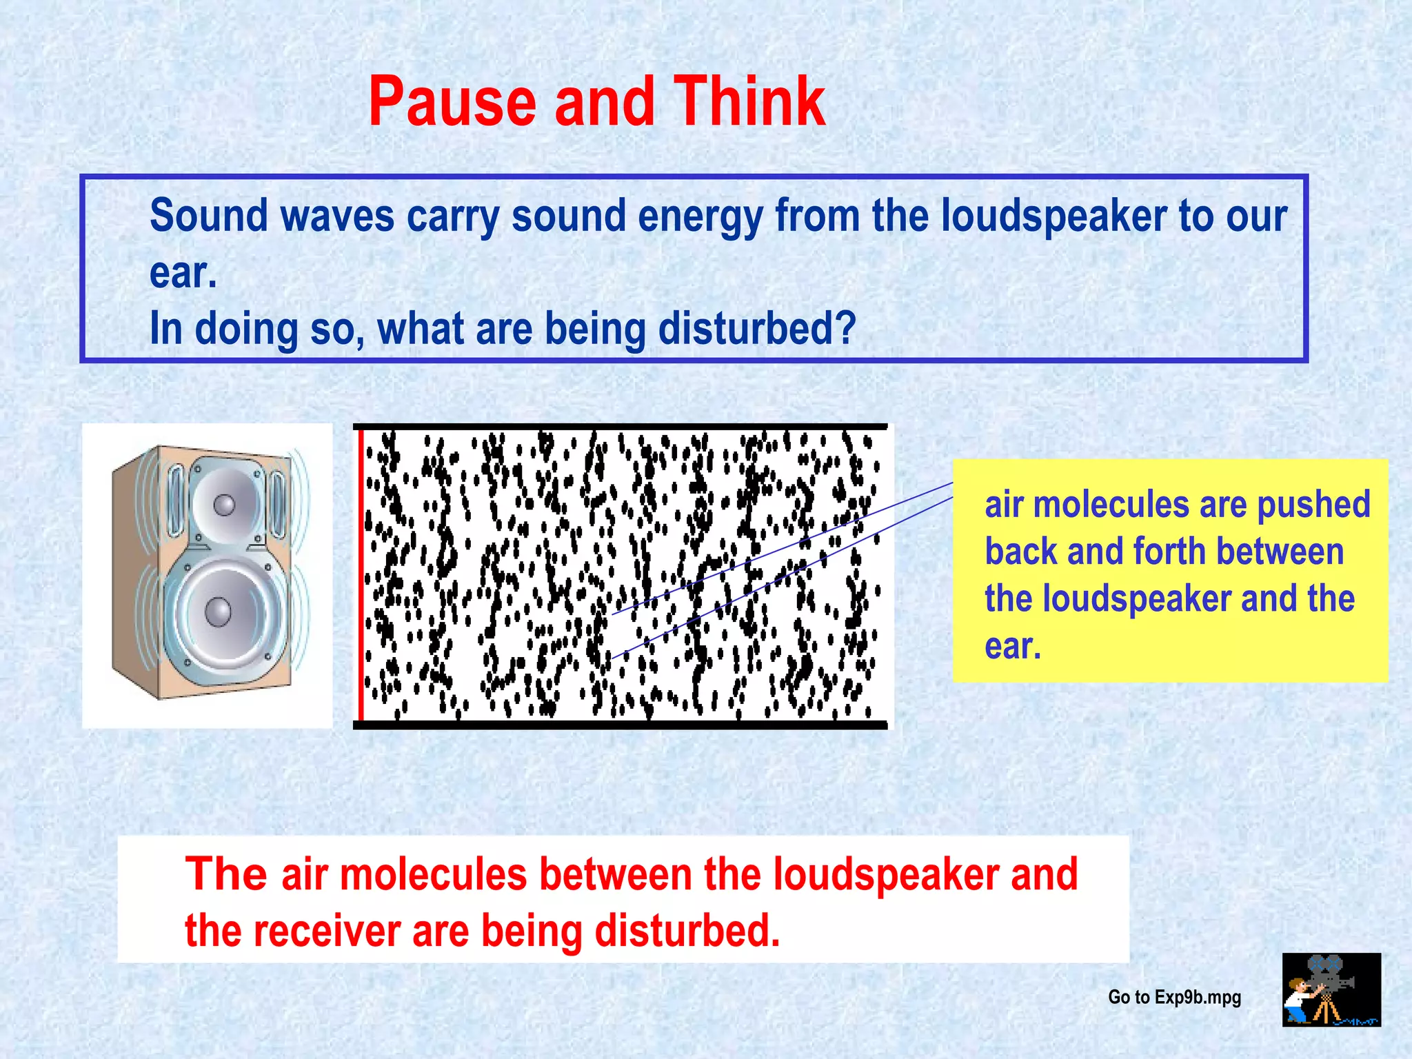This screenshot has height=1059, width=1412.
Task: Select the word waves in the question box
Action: pyautogui.click(x=337, y=216)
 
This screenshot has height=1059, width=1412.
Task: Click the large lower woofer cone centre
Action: pyautogui.click(x=219, y=612)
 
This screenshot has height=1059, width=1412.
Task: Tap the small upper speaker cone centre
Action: pyautogui.click(x=224, y=505)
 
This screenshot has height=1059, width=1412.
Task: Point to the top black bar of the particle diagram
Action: pyautogui.click(x=621, y=427)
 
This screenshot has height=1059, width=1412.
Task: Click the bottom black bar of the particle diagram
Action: pyautogui.click(x=621, y=725)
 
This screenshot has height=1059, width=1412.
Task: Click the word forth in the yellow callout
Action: pyautogui.click(x=1169, y=552)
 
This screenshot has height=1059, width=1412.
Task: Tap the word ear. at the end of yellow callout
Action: pyautogui.click(x=1012, y=647)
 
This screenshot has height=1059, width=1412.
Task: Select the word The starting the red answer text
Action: pyautogui.click(x=225, y=874)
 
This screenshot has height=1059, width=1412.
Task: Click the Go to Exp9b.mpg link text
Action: pyautogui.click(x=1174, y=997)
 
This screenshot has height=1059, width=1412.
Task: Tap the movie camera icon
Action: pyautogui.click(x=1331, y=989)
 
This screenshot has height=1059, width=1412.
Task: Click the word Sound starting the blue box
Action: pyautogui.click(x=208, y=216)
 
